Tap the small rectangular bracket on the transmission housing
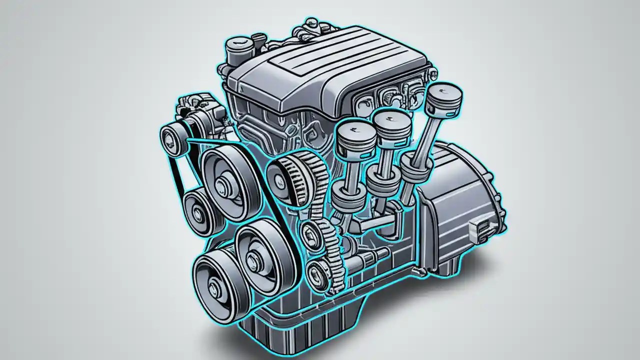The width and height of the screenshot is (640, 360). pyautogui.click(x=482, y=228)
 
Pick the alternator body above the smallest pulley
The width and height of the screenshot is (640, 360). pyautogui.click(x=200, y=112)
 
